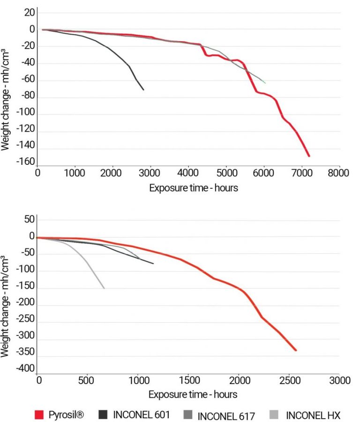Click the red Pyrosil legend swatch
(x=40, y=415)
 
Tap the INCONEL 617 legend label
(x=226, y=415)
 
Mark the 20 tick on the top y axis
(x=30, y=13)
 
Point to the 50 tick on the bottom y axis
(x=30, y=219)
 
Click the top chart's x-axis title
(x=193, y=188)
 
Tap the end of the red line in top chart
(x=309, y=155)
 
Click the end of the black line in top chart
(x=143, y=89)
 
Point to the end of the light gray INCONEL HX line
(x=104, y=288)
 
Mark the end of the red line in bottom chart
(x=296, y=350)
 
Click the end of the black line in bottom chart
(x=153, y=263)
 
